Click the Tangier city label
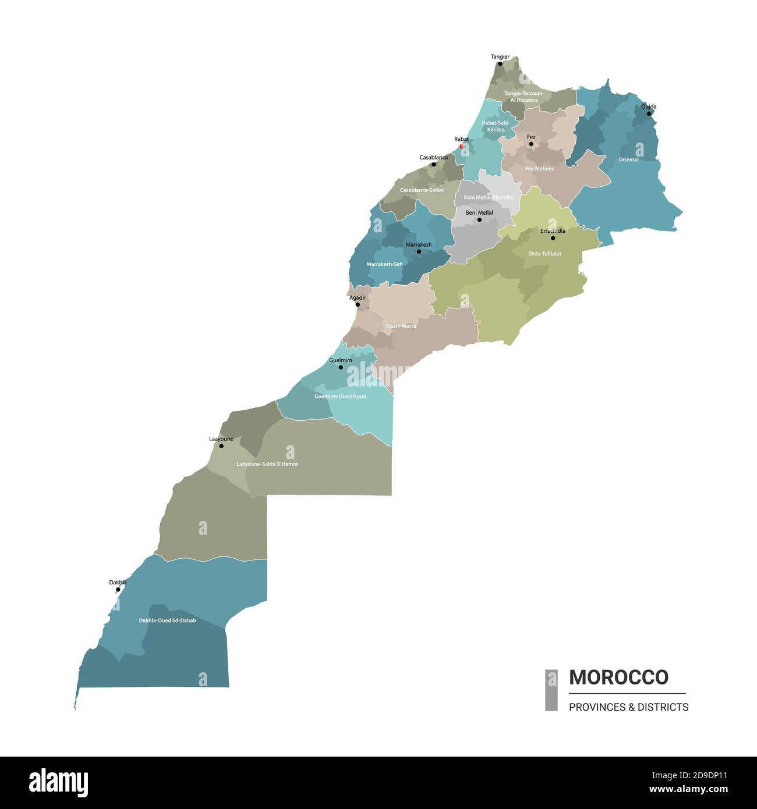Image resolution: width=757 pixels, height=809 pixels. click(500, 57)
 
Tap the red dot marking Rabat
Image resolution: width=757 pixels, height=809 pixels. click(462, 146)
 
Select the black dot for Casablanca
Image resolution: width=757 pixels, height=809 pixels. click(434, 164)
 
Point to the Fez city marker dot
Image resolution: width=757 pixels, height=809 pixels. click(531, 144)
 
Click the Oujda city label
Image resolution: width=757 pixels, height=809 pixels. click(648, 107)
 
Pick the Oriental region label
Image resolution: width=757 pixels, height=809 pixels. click(628, 159)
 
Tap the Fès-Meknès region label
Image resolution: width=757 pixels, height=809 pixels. click(539, 169)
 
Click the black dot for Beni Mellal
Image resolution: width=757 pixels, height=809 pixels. click(480, 220)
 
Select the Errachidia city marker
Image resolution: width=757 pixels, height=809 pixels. click(553, 238)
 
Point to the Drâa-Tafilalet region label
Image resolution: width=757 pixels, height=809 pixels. click(545, 254)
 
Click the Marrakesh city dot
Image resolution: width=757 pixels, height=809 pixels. click(419, 251)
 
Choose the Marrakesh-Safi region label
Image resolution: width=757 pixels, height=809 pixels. click(384, 264)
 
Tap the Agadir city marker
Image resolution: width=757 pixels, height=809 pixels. click(358, 304)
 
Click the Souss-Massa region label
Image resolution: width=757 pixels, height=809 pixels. click(401, 327)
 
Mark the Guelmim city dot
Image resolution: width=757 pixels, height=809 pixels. click(341, 367)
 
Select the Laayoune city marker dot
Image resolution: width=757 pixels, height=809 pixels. click(221, 446)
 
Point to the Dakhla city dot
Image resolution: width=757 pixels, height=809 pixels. click(118, 590)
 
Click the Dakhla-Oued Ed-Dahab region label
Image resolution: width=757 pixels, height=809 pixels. click(167, 620)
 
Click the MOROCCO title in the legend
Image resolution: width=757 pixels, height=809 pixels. click(618, 677)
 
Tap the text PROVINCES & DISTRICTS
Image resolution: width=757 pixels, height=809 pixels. click(628, 707)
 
